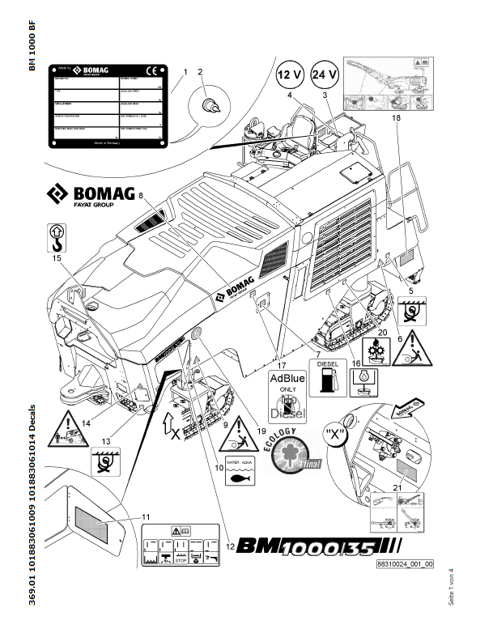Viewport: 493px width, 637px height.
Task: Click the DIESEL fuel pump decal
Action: pyautogui.click(x=327, y=379)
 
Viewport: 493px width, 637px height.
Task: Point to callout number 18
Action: pyautogui.click(x=397, y=119)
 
